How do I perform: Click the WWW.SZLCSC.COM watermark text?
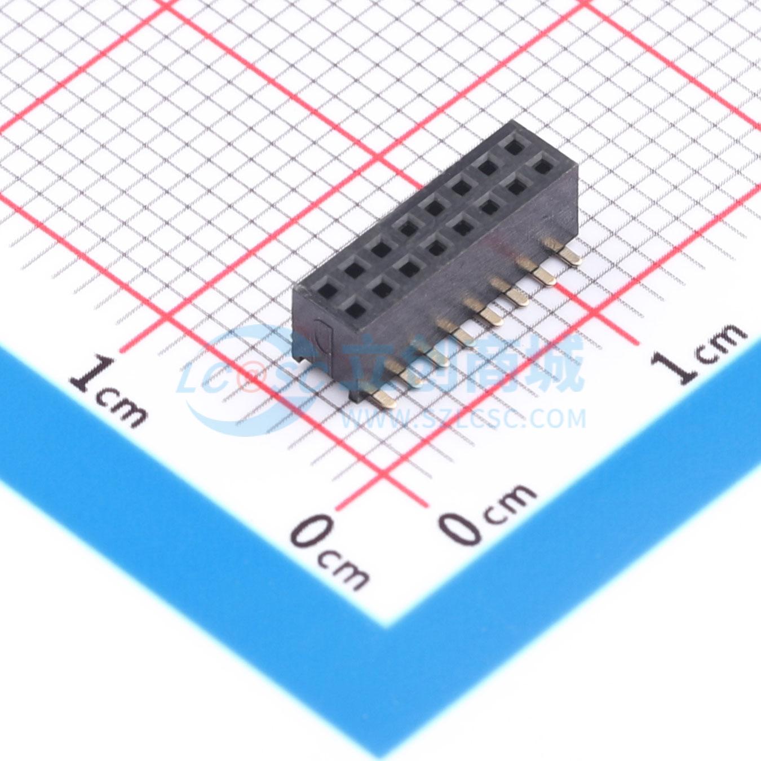coord(463,419)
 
